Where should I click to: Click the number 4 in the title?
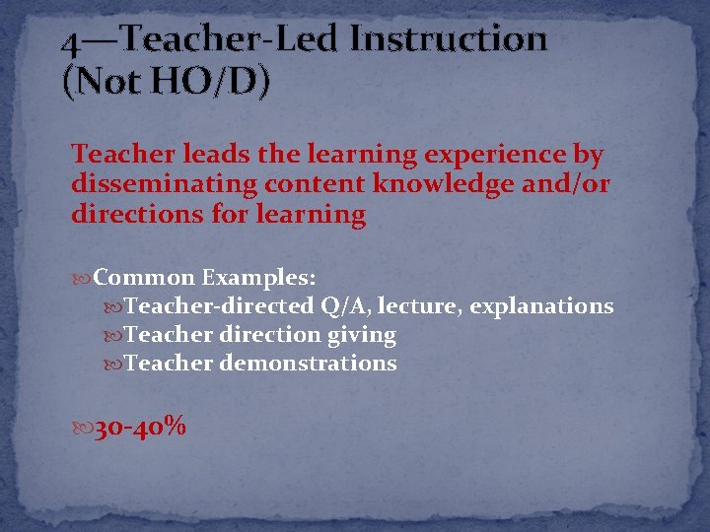click(x=69, y=43)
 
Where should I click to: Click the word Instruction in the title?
click(x=450, y=39)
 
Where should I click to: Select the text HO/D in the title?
click(x=192, y=82)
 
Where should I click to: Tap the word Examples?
click(x=259, y=279)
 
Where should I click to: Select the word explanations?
click(x=541, y=306)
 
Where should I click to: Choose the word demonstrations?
click(x=308, y=364)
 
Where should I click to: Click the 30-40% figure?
click(x=140, y=428)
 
